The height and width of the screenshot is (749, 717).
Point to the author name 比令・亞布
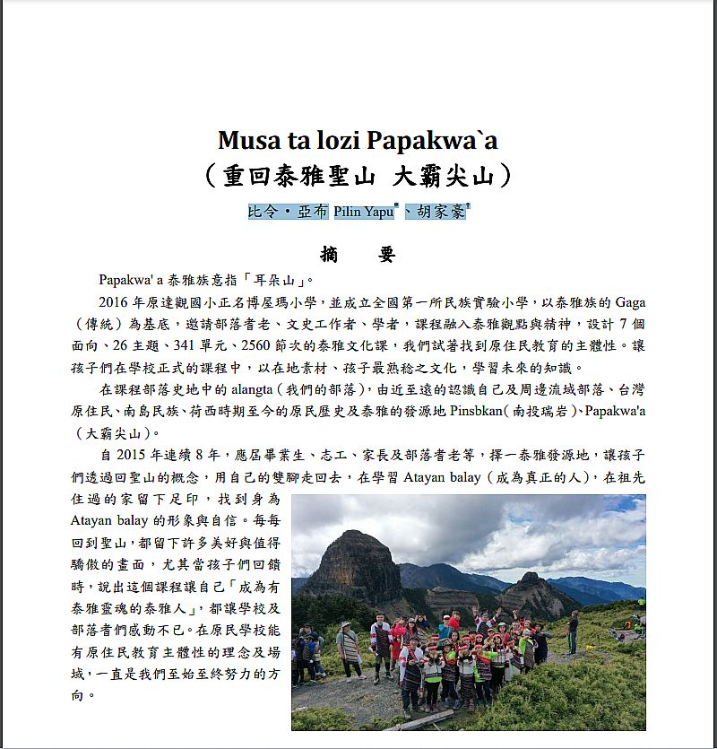tap(289, 213)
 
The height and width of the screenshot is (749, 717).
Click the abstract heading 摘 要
tap(358, 255)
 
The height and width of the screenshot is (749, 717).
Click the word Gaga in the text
tap(630, 302)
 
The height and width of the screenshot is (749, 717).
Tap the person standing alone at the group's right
tap(573, 631)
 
